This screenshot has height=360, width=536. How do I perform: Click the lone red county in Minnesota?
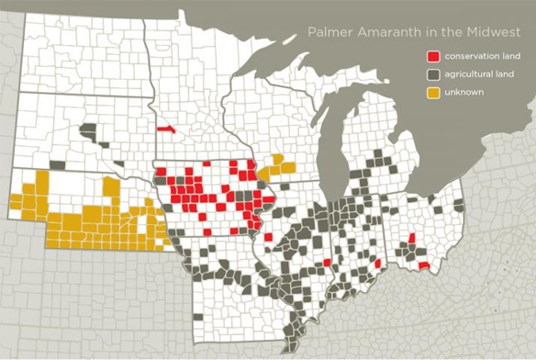pyautogui.click(x=166, y=129)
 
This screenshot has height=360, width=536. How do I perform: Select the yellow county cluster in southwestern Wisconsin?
pyautogui.click(x=276, y=167)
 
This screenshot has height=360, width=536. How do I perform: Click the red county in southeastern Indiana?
pyautogui.click(x=377, y=264)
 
